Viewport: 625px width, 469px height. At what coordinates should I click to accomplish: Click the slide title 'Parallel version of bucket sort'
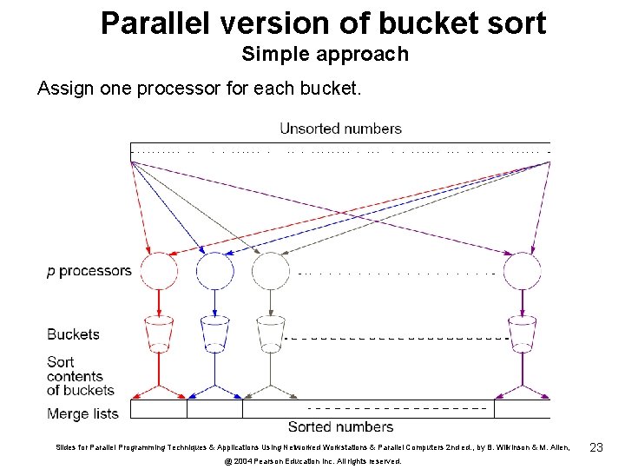[x=323, y=23]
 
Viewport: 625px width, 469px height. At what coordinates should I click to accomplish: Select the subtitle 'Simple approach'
[x=325, y=55]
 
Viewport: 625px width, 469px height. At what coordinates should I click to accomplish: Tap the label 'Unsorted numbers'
[x=340, y=129]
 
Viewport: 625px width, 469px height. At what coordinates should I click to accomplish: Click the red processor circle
[x=159, y=271]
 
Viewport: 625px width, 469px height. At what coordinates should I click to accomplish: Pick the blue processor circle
[x=214, y=271]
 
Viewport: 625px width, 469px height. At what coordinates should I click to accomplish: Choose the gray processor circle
[x=270, y=271]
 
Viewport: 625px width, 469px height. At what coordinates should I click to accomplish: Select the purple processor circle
[x=522, y=271]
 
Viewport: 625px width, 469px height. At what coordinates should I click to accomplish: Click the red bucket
[x=159, y=334]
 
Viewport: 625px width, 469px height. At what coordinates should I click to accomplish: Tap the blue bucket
[x=214, y=334]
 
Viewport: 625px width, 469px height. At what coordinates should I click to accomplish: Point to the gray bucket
[x=270, y=334]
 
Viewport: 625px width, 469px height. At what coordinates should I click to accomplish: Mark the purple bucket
[x=522, y=334]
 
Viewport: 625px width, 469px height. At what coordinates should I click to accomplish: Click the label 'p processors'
[x=89, y=271]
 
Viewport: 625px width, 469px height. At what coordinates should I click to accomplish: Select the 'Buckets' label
[x=73, y=334]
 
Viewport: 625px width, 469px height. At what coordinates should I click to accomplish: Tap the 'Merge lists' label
[x=82, y=413]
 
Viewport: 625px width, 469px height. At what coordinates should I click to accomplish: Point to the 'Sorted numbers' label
[x=340, y=426]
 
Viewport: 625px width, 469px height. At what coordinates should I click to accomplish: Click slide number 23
[x=595, y=447]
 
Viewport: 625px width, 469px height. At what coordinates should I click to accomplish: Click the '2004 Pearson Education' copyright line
[x=312, y=461]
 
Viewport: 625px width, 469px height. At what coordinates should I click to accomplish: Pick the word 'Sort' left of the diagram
[x=61, y=362]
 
